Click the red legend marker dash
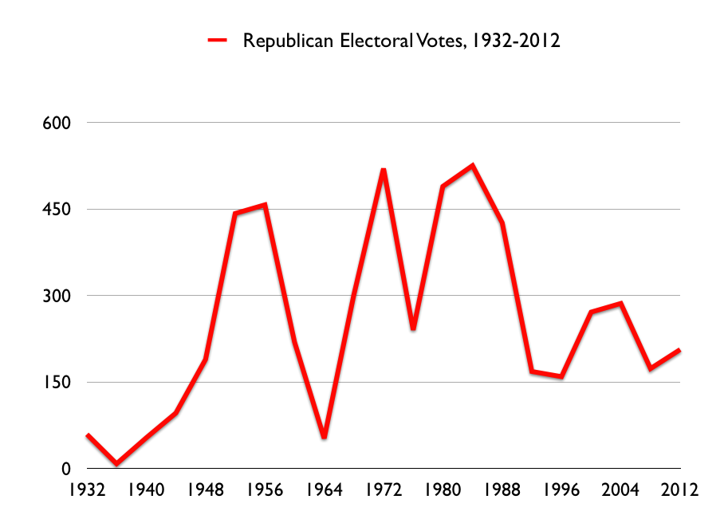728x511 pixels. tap(217, 40)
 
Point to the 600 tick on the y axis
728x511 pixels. tap(57, 123)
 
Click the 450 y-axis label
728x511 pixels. tap(57, 210)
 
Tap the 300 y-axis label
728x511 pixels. tap(57, 296)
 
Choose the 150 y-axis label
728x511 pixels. tap(57, 383)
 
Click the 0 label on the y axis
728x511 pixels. tap(67, 469)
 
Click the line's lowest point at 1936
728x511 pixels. tap(117, 463)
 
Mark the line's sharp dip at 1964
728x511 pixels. tap(325, 438)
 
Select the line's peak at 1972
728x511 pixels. tap(384, 170)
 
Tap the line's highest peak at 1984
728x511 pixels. tap(473, 166)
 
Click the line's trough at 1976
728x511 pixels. tap(413, 328)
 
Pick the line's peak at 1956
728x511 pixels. tap(265, 205)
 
